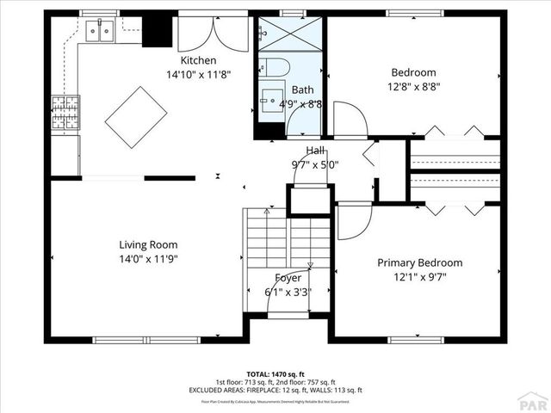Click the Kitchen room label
[x=198, y=61]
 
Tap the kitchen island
[x=136, y=118]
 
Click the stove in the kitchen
[x=64, y=114]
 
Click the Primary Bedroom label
[x=419, y=262]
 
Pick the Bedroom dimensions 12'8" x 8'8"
[x=413, y=87]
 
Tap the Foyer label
[x=288, y=278]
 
